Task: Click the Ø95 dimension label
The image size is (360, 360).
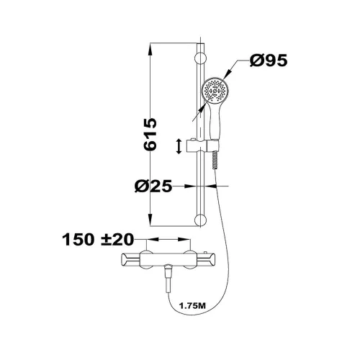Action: click(269, 60)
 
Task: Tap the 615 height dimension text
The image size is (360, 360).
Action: click(150, 134)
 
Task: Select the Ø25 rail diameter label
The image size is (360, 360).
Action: click(153, 186)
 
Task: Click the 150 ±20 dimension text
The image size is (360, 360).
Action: click(98, 239)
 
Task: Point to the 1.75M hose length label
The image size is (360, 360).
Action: click(192, 306)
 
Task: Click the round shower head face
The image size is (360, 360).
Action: click(215, 91)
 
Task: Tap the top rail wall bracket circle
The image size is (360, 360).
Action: click(200, 58)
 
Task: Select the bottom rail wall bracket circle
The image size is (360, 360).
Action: click(200, 220)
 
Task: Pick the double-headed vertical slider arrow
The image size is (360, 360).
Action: click(179, 146)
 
